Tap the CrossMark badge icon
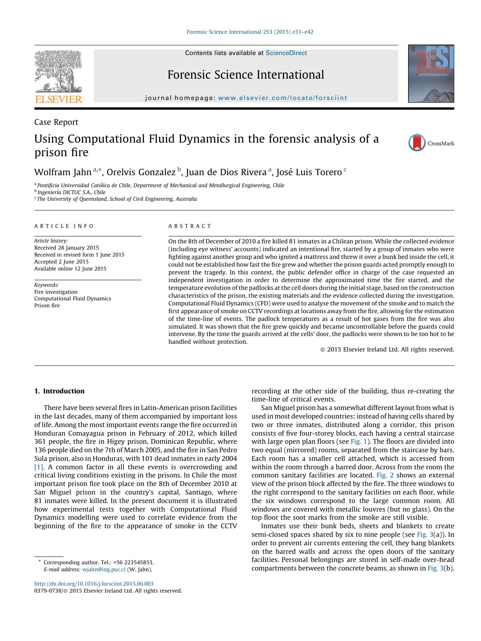[417, 143]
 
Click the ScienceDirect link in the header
[286, 53]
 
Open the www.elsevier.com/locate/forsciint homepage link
[283, 98]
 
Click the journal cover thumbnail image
[431, 74]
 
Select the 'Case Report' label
[56, 122]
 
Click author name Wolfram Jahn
[63, 172]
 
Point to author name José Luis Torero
[309, 172]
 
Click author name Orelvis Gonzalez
[141, 172]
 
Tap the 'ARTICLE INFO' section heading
[64, 226]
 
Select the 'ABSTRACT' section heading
[190, 226]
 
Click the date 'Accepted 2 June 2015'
[61, 262]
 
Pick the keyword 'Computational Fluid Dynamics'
[72, 298]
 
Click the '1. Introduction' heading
[59, 391]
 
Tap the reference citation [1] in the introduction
[39, 467]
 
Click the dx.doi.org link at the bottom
[94, 584]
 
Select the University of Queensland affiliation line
[116, 199]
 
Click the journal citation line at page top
[250, 32]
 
